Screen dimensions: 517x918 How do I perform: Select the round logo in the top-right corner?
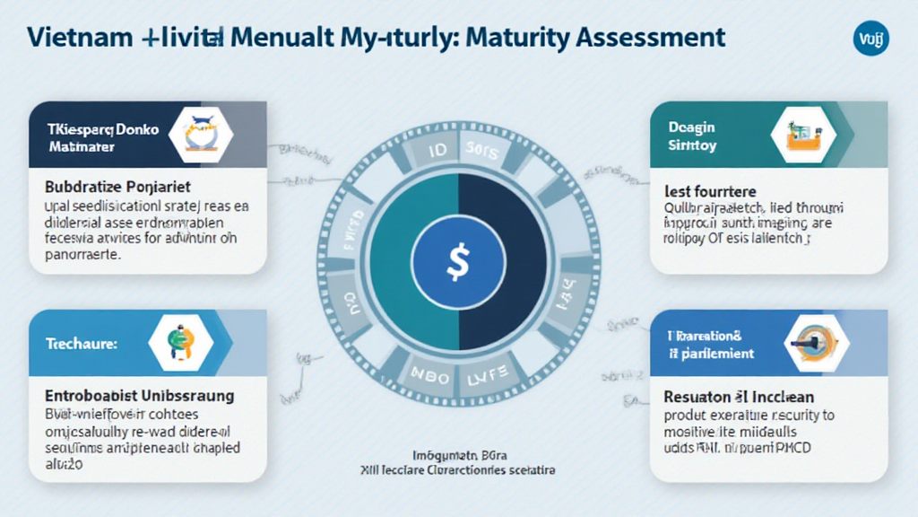pyautogui.click(x=870, y=39)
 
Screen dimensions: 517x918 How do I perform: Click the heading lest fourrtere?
pyautogui.click(x=711, y=191)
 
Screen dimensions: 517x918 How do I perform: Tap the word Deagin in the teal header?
pyautogui.click(x=691, y=129)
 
